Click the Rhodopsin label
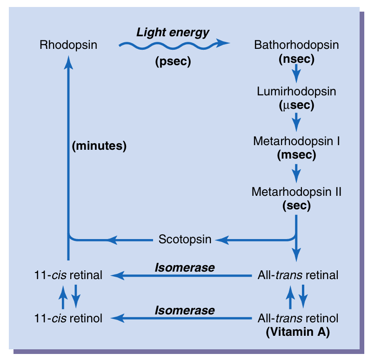pos(68,45)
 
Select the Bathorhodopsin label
pos(296,45)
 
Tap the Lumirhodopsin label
pos(296,91)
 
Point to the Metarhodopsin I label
pos(296,141)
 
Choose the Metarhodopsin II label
pos(296,191)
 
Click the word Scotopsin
pos(185,240)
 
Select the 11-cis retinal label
pos(68,275)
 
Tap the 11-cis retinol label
pos(68,319)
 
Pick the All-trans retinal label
pos(298,275)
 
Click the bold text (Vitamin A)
pos(298,333)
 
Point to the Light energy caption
pos(173,33)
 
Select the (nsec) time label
pos(296,59)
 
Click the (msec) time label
pos(296,155)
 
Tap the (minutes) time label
pos(100,146)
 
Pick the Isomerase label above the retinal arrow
pos(185,267)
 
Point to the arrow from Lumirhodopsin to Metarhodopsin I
pos(296,122)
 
